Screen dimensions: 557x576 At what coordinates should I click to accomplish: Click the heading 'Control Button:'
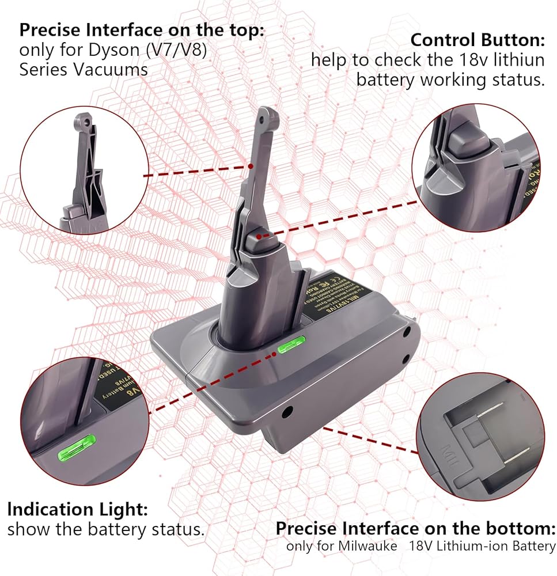(x=477, y=41)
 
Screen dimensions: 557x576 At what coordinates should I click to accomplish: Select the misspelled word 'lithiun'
(x=517, y=60)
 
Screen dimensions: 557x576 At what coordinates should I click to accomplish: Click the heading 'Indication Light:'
(x=78, y=509)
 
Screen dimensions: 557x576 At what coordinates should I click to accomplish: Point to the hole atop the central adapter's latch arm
(x=266, y=116)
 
